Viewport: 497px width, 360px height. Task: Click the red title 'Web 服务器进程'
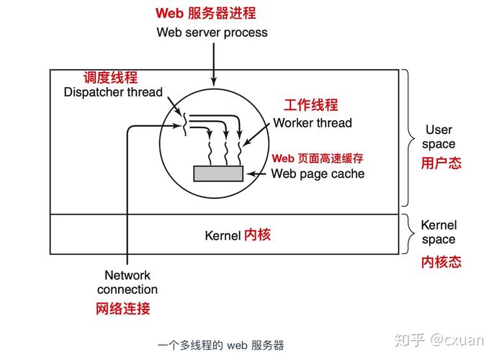point(205,13)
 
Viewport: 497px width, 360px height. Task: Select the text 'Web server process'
point(212,32)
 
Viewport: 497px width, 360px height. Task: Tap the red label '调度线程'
point(110,78)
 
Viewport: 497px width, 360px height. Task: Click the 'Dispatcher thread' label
point(113,92)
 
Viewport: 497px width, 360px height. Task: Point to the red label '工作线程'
point(310,105)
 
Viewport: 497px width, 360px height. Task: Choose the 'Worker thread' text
point(313,123)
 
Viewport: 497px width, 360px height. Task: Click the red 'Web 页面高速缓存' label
point(317,158)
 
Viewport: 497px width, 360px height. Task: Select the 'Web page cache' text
point(318,174)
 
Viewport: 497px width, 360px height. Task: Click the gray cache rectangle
point(219,174)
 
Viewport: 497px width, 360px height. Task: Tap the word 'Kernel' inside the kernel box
point(223,235)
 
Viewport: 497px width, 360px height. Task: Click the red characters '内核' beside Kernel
point(257,235)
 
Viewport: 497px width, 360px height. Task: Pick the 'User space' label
point(439,137)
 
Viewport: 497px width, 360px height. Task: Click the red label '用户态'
point(441,163)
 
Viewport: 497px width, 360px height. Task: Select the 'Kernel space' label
point(439,233)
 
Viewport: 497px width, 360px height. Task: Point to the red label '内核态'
point(441,262)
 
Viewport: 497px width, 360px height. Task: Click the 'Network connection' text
point(127,282)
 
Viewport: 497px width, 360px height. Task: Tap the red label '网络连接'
point(123,309)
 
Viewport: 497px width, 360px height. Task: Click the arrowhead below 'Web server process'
point(213,81)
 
